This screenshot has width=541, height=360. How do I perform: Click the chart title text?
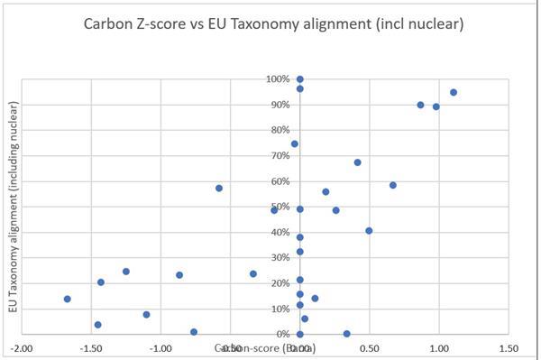(x=270, y=24)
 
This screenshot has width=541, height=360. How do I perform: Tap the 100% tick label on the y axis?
(x=279, y=79)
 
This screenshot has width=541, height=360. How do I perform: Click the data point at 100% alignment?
(x=300, y=79)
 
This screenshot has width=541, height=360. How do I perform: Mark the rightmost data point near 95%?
(x=454, y=92)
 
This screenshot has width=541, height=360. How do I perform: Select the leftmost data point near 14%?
(x=67, y=299)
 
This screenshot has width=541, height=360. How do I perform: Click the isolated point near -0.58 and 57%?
(x=219, y=188)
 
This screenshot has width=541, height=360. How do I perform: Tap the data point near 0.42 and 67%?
(x=358, y=162)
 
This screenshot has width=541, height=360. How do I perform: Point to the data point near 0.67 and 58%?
(x=393, y=185)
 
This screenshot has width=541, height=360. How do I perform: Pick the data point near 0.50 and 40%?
(x=369, y=231)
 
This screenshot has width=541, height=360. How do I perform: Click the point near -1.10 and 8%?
(x=146, y=315)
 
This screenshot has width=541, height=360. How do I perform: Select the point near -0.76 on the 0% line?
(x=194, y=332)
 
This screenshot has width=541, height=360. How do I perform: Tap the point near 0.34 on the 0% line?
(x=347, y=334)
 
